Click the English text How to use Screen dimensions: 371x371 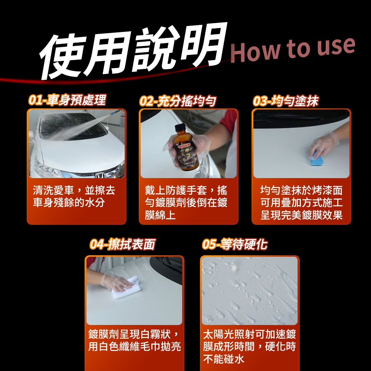[293, 50]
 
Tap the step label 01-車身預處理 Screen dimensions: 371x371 [67, 100]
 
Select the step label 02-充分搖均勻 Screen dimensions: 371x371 [177, 101]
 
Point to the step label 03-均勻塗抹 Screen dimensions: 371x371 [286, 101]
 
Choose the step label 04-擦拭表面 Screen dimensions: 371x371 [122, 244]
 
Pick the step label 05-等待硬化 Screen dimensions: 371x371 [235, 244]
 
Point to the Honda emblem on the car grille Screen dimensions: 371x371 [99, 175]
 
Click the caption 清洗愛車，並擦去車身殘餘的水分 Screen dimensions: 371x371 [74, 196]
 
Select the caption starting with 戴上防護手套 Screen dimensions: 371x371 [186, 203]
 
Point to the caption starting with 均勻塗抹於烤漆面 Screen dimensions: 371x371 [301, 203]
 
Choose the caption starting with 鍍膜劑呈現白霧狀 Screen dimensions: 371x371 [135, 340]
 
